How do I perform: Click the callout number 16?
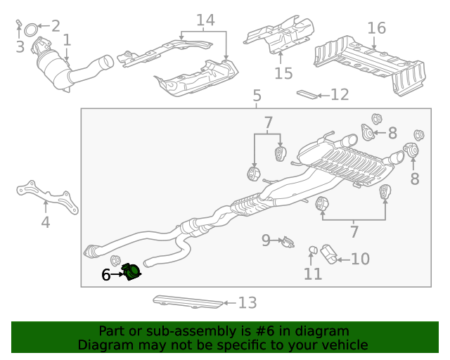377,28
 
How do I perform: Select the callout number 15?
283,73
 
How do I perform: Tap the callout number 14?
205,20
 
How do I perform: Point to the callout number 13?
247,303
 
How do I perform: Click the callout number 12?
340,94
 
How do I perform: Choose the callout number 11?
313,274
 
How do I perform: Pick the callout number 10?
360,259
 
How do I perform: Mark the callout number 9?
266,240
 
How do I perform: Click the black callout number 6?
106,275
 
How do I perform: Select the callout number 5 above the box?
257,96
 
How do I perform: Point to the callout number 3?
20,47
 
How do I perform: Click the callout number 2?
54,27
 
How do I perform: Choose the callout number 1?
67,40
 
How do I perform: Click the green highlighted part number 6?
131,271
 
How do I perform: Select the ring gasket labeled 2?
32,30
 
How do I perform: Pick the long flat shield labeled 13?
187,301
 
